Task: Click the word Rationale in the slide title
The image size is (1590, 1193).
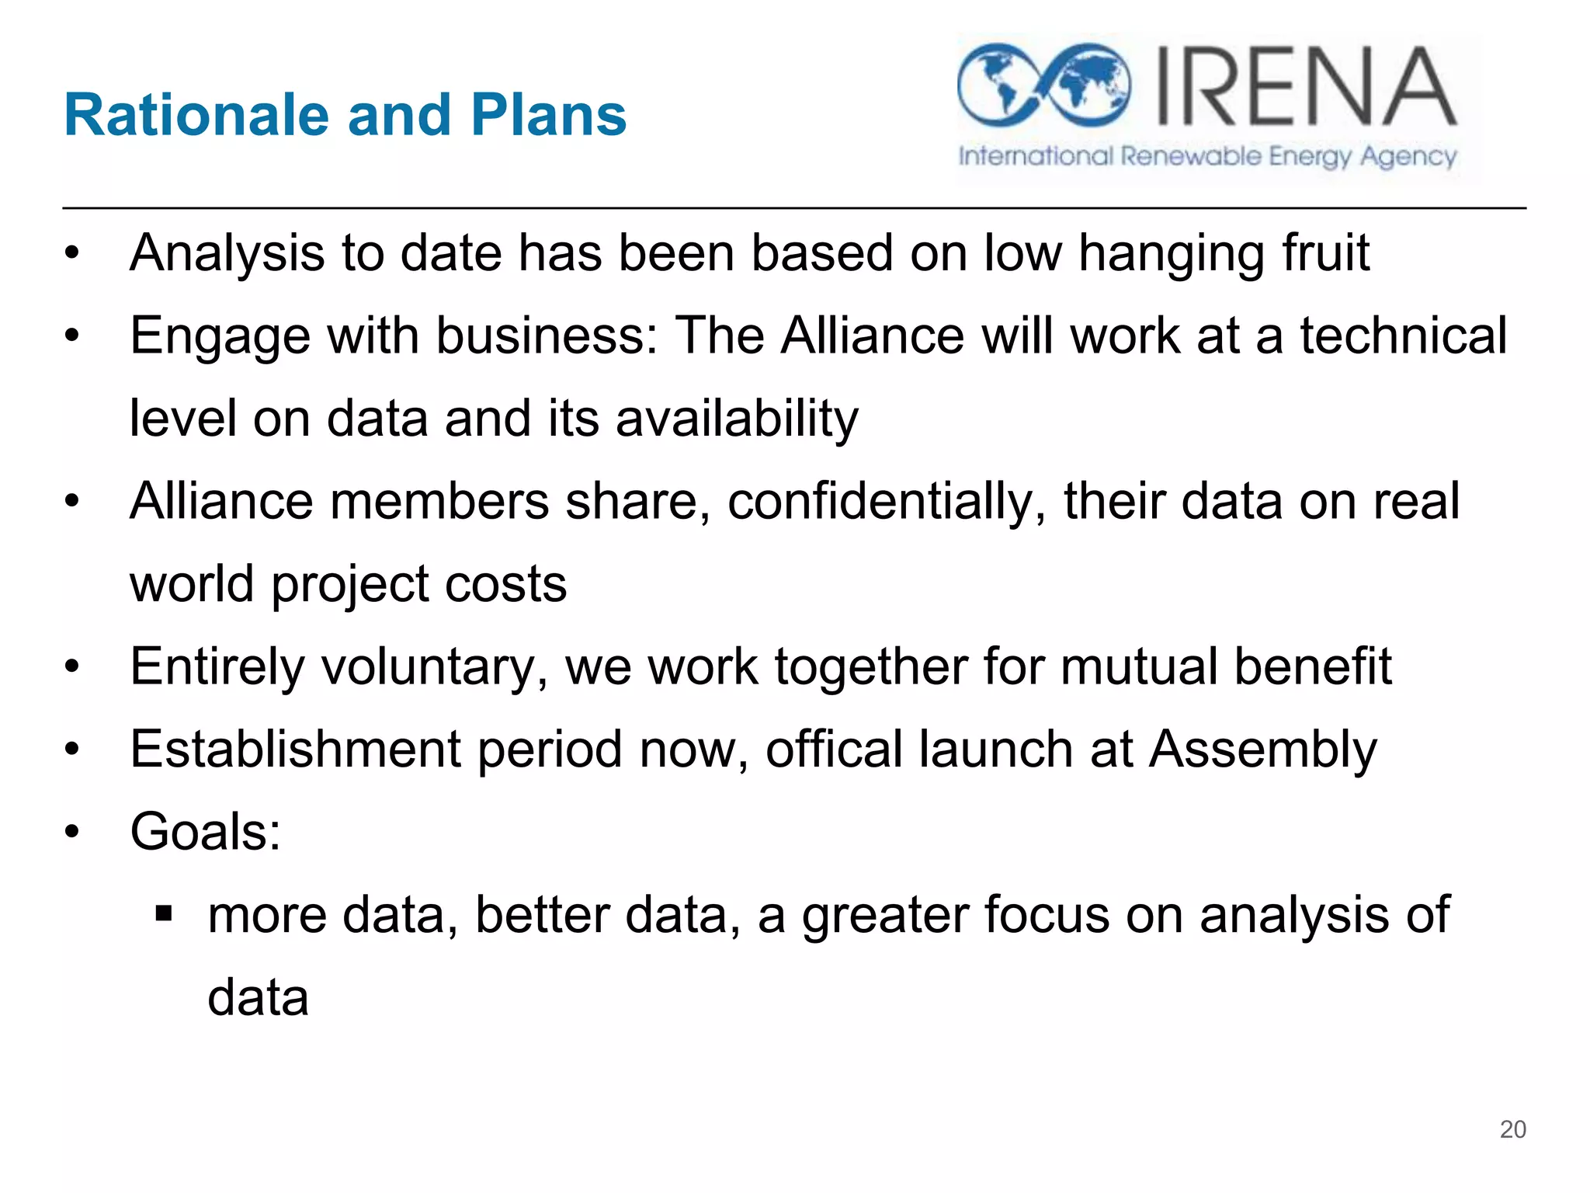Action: [197, 115]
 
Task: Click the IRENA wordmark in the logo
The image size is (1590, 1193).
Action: [1306, 87]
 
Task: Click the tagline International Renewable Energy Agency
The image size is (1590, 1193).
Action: [1207, 157]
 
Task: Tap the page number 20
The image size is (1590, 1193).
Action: [1512, 1129]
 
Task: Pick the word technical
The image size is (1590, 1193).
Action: [1404, 336]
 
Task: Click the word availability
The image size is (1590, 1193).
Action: [737, 419]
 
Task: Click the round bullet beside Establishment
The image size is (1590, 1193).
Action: [72, 750]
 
